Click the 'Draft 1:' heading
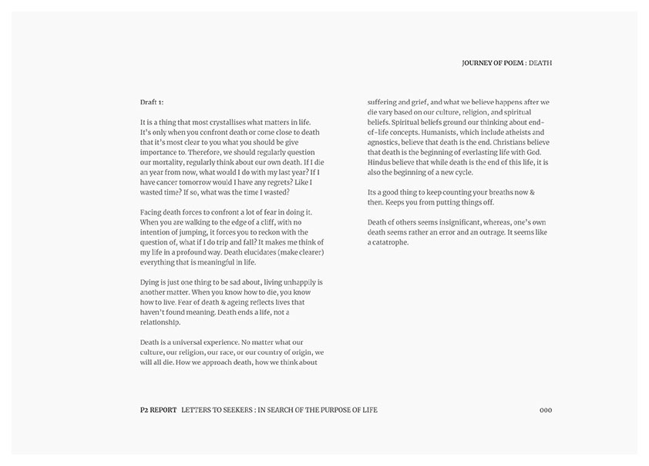click(x=152, y=102)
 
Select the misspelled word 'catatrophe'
click(x=390, y=242)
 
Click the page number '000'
click(x=545, y=410)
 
